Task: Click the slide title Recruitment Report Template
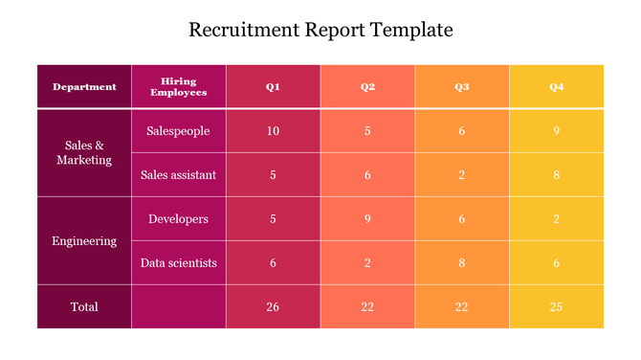coord(320,30)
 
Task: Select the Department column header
coord(84,87)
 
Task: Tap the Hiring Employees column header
coord(178,87)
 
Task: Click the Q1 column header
coord(273,87)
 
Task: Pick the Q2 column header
coord(367,87)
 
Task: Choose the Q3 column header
coord(461,87)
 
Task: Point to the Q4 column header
coord(556,87)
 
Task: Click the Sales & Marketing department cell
coord(84,153)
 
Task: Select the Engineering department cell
coord(84,241)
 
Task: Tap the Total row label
coord(84,306)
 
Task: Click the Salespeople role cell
coord(178,131)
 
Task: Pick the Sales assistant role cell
coord(178,175)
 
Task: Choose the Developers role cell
coord(178,219)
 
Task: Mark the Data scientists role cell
coord(178,262)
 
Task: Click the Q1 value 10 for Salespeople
coord(273,131)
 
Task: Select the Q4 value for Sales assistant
coord(556,175)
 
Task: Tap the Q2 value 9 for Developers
coord(367,219)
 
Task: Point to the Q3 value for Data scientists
coord(461,262)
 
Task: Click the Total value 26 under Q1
coord(273,306)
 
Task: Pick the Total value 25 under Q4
coord(556,306)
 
